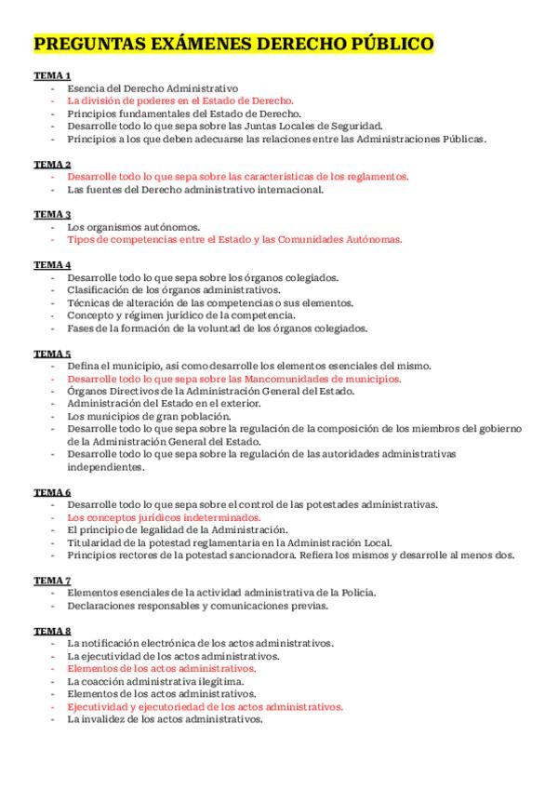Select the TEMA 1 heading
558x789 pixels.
[52, 74]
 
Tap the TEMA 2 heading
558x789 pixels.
[52, 164]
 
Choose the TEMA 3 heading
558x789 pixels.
[52, 214]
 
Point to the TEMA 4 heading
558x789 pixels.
[52, 265]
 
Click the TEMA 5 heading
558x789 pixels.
[52, 354]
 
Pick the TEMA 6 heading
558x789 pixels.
[52, 492]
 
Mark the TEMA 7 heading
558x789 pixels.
[52, 580]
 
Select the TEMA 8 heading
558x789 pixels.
[52, 631]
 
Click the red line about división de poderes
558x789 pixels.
[180, 100]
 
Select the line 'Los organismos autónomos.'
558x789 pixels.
[133, 227]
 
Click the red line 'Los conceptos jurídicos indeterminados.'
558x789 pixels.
[164, 517]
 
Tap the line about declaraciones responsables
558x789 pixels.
[197, 606]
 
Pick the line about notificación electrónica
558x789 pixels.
[201, 644]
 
